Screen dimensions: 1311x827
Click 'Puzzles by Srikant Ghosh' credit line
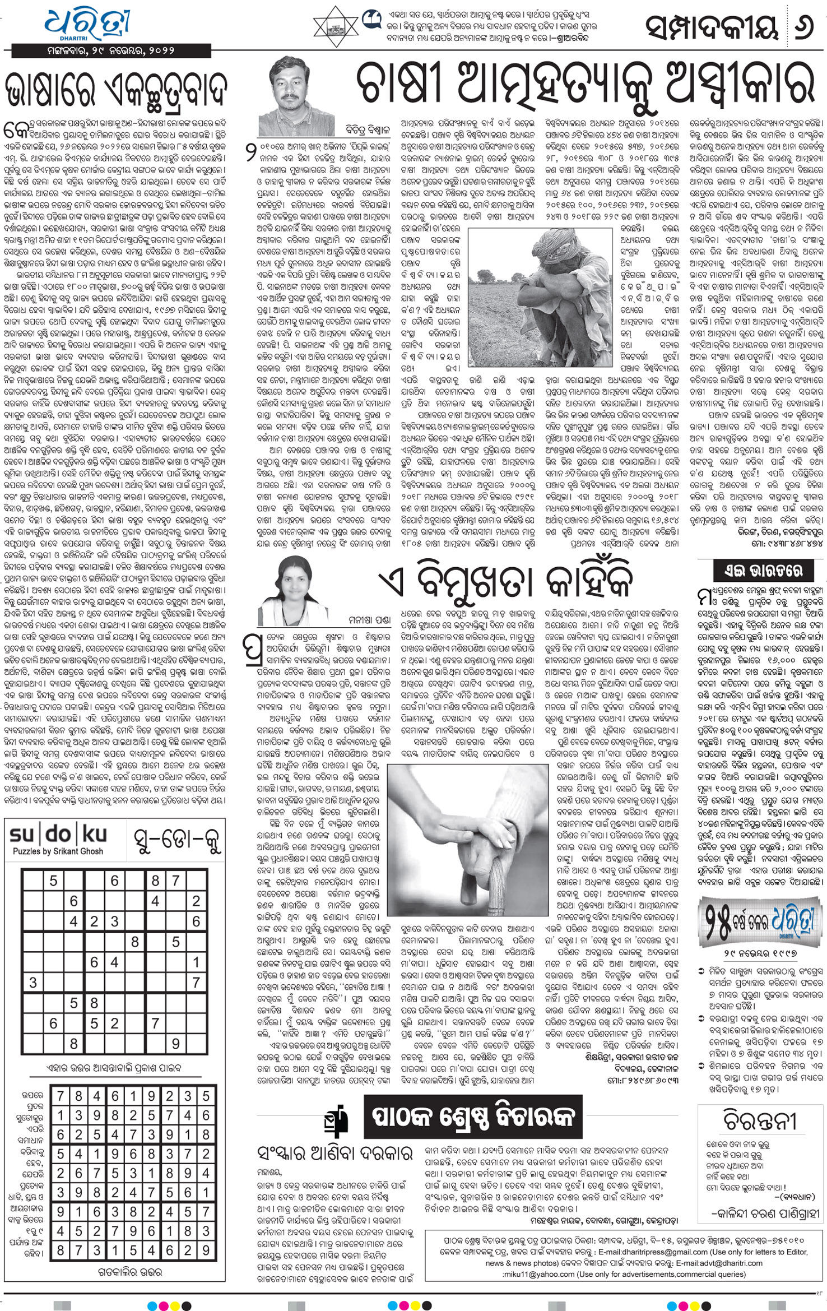click(58, 851)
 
